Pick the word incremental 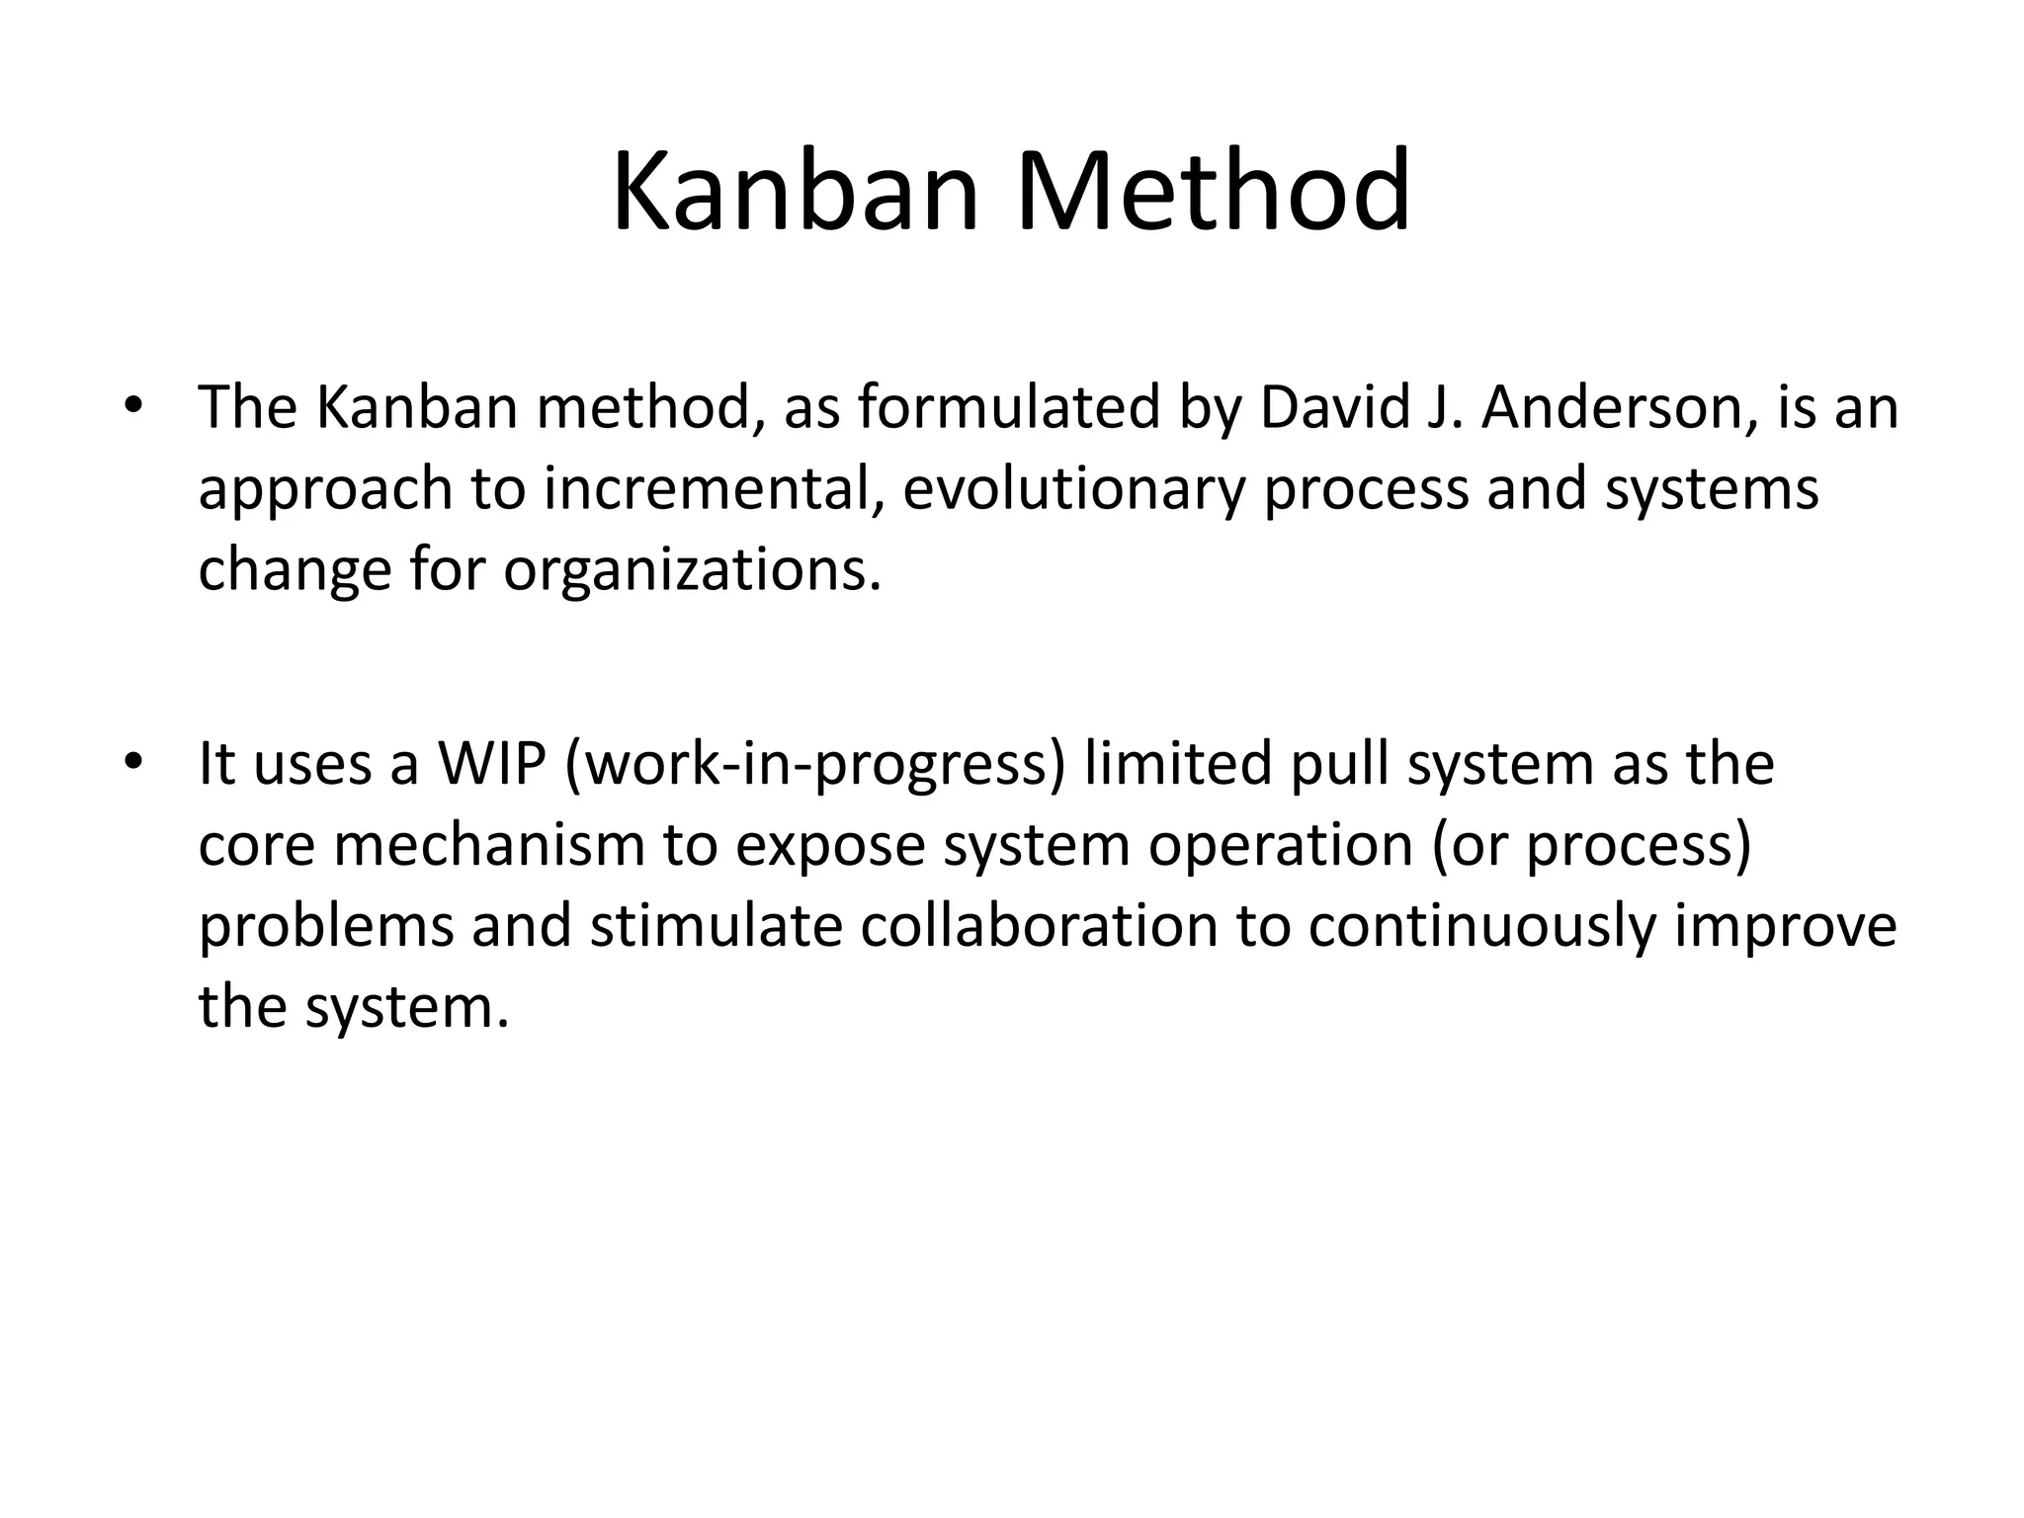(x=712, y=489)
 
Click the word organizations (x=691, y=570)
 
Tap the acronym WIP (x=492, y=764)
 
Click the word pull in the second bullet (x=1340, y=764)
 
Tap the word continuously (x=1482, y=928)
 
